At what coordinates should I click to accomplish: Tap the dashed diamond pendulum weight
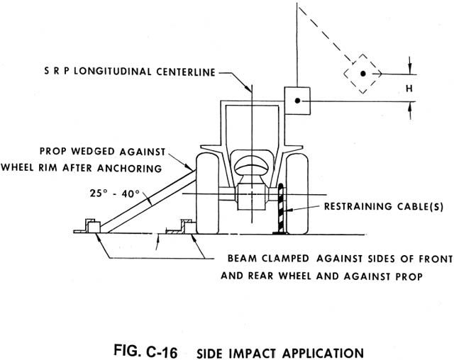(x=362, y=73)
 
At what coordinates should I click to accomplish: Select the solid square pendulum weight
(x=297, y=101)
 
